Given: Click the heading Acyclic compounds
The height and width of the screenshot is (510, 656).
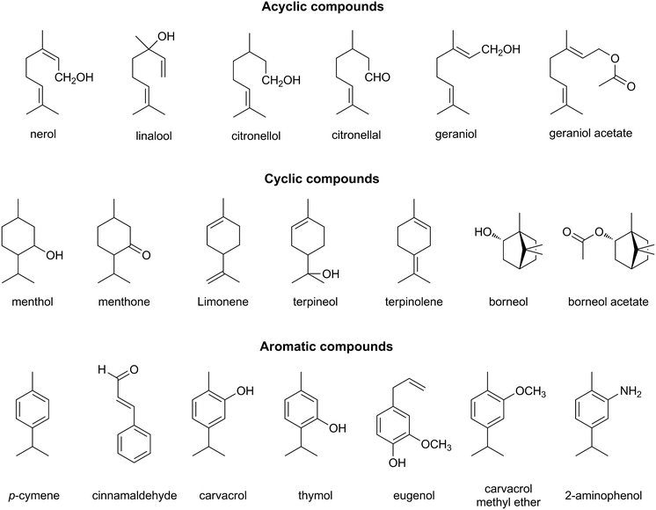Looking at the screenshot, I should (x=327, y=9).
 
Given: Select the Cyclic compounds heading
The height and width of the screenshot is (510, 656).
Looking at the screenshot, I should (x=327, y=178).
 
